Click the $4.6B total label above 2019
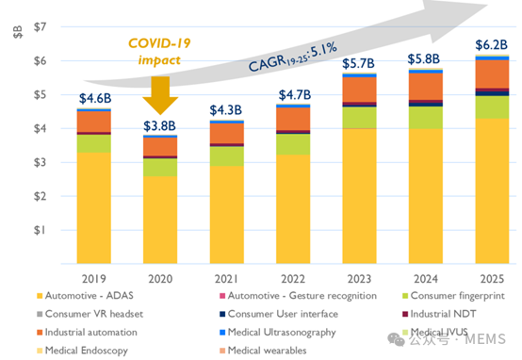(x=95, y=99)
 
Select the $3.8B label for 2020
(x=159, y=126)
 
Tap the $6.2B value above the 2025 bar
(x=491, y=44)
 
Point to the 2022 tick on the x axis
(x=293, y=279)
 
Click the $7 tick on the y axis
(x=40, y=26)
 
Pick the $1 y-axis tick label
(x=40, y=230)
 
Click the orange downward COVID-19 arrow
(x=160, y=95)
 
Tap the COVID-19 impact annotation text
(x=159, y=52)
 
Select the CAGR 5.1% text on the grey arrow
(x=293, y=57)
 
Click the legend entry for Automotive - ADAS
(x=85, y=296)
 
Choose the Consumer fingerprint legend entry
(x=453, y=296)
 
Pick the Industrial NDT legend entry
(x=439, y=314)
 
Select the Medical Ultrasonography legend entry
(x=278, y=333)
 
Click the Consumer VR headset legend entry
(x=90, y=314)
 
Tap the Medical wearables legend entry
(x=263, y=351)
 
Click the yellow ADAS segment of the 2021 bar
(x=227, y=215)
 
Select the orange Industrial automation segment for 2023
(x=360, y=90)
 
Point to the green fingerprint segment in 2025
(x=492, y=107)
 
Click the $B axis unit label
(x=18, y=32)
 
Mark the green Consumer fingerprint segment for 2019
(x=94, y=143)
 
